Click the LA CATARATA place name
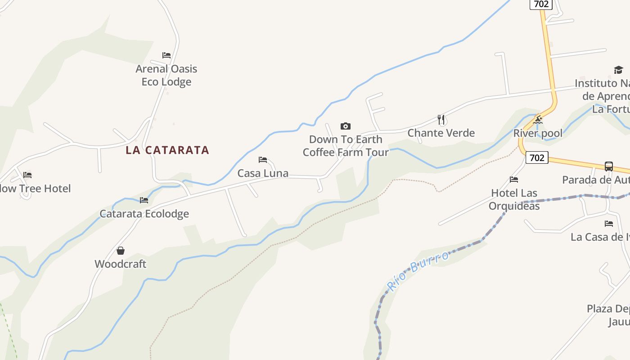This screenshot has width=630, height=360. click(x=167, y=150)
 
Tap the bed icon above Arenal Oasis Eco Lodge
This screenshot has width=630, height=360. click(x=166, y=55)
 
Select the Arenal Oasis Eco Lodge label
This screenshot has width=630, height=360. click(x=166, y=75)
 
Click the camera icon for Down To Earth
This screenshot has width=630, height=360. click(x=346, y=126)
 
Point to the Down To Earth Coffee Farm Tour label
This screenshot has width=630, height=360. click(x=346, y=146)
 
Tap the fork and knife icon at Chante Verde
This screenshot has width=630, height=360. click(x=441, y=120)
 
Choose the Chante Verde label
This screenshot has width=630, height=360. click(x=441, y=133)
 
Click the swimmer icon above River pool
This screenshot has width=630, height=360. click(x=538, y=120)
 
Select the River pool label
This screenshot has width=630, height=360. click(x=538, y=133)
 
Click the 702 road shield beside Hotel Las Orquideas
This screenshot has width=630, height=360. click(x=537, y=157)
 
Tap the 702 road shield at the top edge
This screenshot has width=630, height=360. click(x=541, y=4)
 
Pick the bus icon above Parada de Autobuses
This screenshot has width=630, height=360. click(x=608, y=166)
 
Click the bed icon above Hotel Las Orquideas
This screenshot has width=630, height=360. click(x=514, y=180)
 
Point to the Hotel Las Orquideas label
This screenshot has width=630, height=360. click(x=514, y=199)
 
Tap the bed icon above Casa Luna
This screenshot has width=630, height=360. click(x=263, y=160)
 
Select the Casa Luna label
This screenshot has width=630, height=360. click(x=263, y=173)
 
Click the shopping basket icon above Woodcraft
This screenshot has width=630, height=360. click(x=121, y=251)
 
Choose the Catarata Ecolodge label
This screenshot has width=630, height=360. click(x=144, y=214)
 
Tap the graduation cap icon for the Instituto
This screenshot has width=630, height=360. click(x=618, y=70)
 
